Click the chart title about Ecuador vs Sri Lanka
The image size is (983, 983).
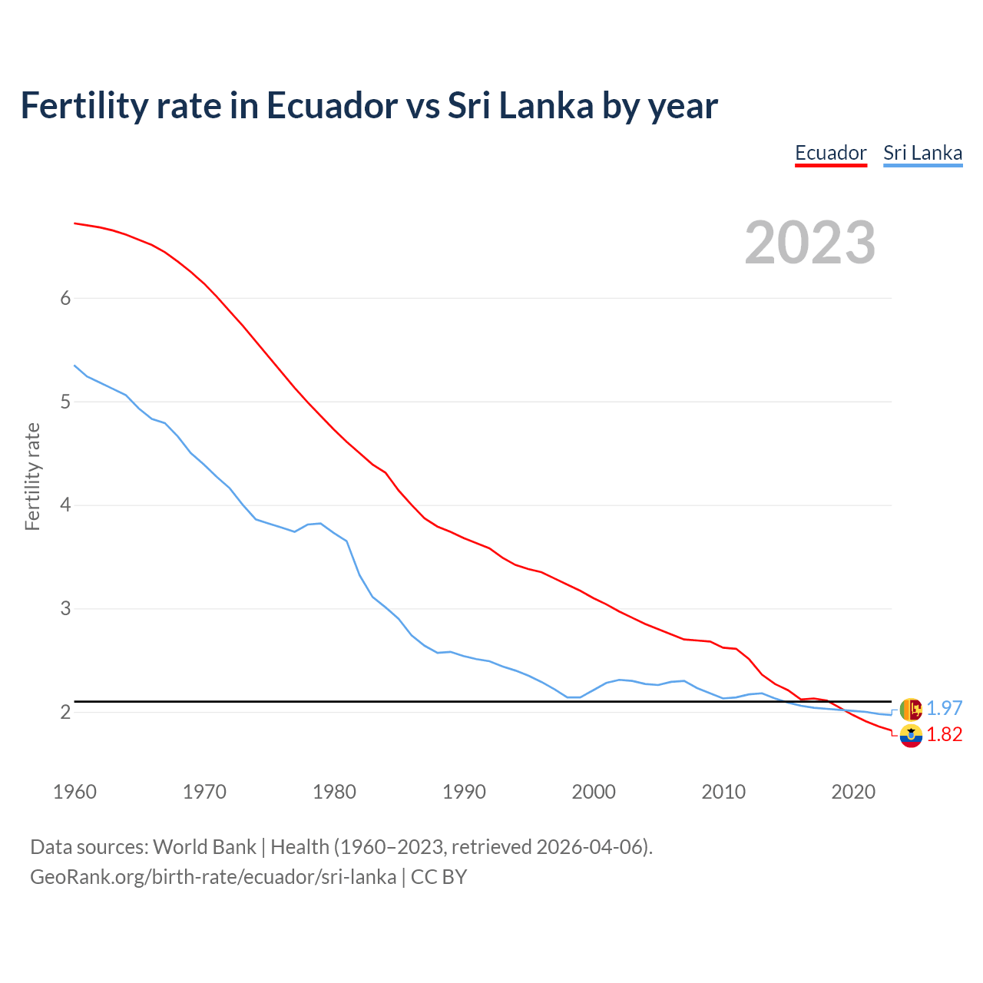tap(369, 106)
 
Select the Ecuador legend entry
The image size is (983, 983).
tap(830, 153)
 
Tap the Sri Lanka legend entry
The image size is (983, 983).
tap(922, 153)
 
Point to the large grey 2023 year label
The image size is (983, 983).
tap(809, 243)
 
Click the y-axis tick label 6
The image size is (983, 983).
tap(65, 298)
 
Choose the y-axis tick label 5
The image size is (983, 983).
tap(65, 402)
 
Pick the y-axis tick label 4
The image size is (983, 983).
tap(65, 505)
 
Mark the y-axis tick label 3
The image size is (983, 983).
tap(65, 609)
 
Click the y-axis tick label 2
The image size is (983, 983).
tap(65, 713)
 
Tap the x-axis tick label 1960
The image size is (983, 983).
tap(74, 792)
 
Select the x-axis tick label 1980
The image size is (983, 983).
tap(334, 792)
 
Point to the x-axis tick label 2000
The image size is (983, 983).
tap(594, 792)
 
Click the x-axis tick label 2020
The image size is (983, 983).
tap(853, 792)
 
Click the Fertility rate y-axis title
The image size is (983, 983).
tap(32, 476)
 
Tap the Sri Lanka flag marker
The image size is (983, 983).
tap(910, 709)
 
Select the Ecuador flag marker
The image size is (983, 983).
tap(910, 736)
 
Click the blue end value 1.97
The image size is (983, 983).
tap(944, 708)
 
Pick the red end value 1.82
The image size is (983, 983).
tap(944, 735)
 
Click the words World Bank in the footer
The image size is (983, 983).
tap(204, 847)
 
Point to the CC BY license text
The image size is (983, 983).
tap(439, 877)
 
